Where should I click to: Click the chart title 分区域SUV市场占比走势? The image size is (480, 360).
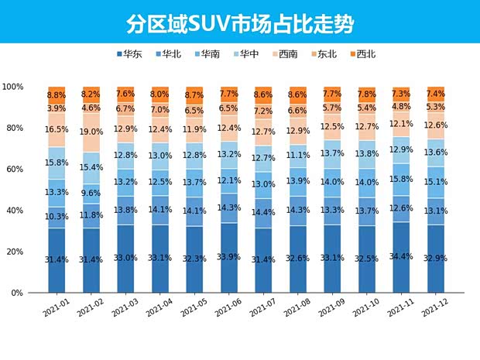240,23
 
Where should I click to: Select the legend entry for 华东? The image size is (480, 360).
132,54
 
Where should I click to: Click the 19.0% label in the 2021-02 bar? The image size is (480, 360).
91,132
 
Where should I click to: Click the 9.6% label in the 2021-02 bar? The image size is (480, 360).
91,194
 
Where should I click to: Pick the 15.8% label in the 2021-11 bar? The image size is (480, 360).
401,179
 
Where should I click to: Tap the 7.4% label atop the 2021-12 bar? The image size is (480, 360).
435,93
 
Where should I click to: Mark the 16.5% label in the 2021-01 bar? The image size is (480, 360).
57,130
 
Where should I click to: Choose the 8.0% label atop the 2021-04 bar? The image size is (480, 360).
160,94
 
